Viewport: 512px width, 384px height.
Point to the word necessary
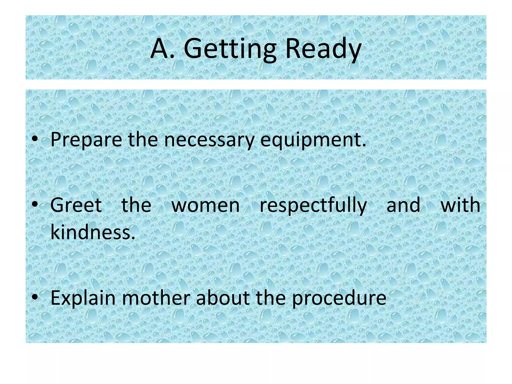pyautogui.click(x=209, y=139)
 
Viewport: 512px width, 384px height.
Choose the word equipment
pyautogui.click(x=313, y=139)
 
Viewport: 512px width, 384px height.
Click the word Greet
pyautogui.click(x=76, y=205)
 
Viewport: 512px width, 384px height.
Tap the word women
pyautogui.click(x=205, y=205)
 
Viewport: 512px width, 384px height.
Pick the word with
pyautogui.click(x=460, y=205)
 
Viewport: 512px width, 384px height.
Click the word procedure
pyautogui.click(x=339, y=298)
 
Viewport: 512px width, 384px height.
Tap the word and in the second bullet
pyautogui.click(x=403, y=205)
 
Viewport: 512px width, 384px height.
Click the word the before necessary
pyautogui.click(x=143, y=139)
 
